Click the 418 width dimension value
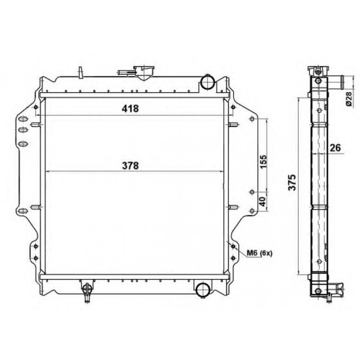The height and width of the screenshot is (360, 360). pyautogui.click(x=130, y=108)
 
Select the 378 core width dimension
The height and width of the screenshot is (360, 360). pyautogui.click(x=130, y=165)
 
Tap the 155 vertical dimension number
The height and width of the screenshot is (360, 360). pyautogui.click(x=264, y=161)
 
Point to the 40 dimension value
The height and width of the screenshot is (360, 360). pyautogui.click(x=263, y=201)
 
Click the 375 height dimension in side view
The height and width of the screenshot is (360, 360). pyautogui.click(x=292, y=182)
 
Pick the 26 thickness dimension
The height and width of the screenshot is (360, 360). pyautogui.click(x=335, y=148)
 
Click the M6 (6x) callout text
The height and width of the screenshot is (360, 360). pyautogui.click(x=259, y=254)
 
